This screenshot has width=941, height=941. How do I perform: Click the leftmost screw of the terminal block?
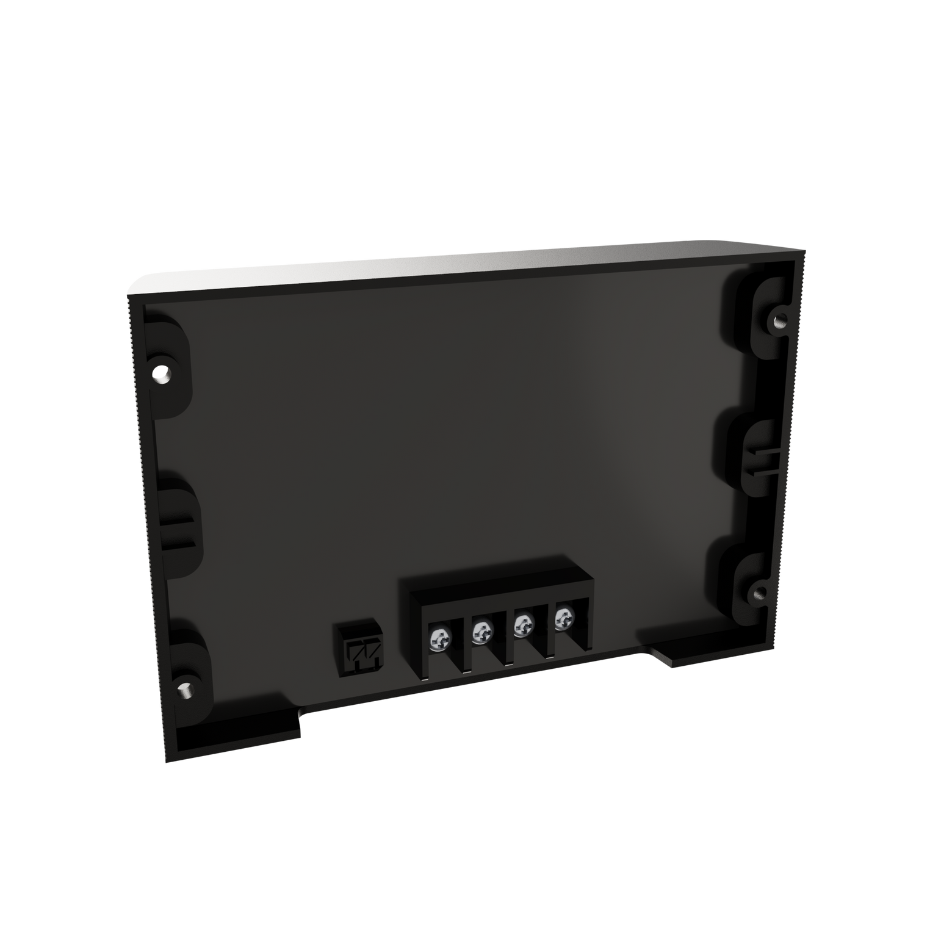(439, 639)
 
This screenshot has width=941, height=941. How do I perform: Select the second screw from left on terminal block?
(481, 633)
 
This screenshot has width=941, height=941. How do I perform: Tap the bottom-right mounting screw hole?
(760, 593)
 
